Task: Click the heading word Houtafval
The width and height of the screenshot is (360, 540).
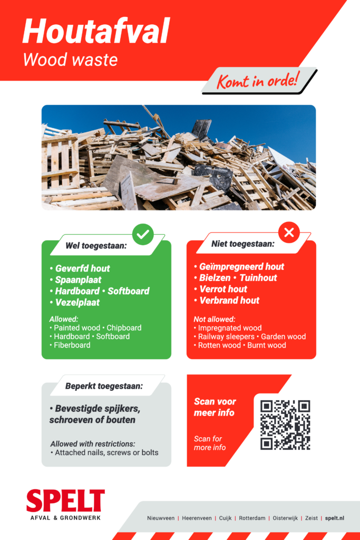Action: (x=96, y=31)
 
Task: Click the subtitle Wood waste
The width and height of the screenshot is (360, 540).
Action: (x=70, y=60)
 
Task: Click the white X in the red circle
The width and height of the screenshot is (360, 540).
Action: (x=289, y=232)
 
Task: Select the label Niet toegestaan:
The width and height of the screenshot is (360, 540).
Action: (x=242, y=244)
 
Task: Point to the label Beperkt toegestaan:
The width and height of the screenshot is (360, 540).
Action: (x=104, y=386)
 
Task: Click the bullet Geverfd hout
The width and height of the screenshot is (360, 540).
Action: (x=82, y=268)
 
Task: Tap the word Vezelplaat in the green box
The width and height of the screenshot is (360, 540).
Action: (x=77, y=303)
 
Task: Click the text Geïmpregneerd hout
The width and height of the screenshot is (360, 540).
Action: (x=241, y=267)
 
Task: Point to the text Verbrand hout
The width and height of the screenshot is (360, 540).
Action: (x=229, y=301)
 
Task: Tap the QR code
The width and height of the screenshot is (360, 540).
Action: (x=285, y=425)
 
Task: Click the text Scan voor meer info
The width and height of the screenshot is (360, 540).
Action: (x=215, y=407)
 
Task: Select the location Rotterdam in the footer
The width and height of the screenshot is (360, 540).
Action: (x=252, y=518)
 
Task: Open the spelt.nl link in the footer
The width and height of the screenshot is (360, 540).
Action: (x=334, y=518)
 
